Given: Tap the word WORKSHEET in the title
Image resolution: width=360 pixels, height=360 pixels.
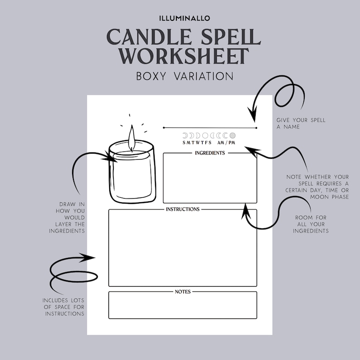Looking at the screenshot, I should pos(185,55).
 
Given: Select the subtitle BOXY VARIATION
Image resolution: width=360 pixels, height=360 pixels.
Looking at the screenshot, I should pos(185,76).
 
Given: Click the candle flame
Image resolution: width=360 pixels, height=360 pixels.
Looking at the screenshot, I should pos(131,137).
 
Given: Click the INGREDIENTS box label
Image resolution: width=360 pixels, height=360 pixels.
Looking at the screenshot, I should pos(209,153).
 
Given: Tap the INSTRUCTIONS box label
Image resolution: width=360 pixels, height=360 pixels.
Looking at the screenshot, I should pos(182,209).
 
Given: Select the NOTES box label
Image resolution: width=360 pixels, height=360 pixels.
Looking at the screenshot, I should pos(182,292).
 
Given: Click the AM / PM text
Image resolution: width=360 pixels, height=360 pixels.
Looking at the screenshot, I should pos(226,143).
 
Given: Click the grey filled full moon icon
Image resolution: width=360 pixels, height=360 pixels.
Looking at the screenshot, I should pos(233,135).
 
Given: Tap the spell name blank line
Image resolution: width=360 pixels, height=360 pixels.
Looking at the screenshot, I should pos(209,128).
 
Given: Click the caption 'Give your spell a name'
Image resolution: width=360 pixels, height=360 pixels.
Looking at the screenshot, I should pos(301,123).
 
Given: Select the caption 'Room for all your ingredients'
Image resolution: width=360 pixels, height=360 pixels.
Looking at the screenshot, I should pos(311,224).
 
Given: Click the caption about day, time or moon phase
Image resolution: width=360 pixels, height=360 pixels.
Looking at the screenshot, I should pos(317,187).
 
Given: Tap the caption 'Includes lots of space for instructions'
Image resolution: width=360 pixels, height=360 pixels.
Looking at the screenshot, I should pos(63,307).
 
